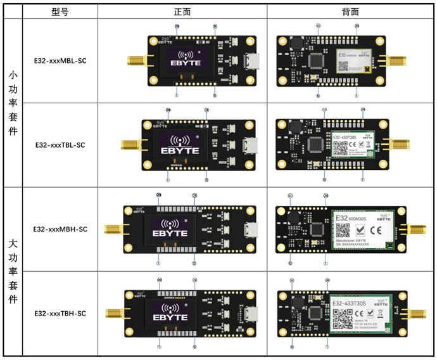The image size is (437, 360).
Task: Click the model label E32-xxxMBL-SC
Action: click(60, 61)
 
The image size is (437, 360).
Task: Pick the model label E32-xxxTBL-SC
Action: click(60, 145)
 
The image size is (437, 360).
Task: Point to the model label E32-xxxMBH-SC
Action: click(60, 229)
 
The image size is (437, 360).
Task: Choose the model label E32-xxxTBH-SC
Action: click(60, 313)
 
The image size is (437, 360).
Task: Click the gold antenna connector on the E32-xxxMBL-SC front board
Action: click(135, 61)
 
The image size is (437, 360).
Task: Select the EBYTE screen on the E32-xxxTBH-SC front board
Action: click(170, 314)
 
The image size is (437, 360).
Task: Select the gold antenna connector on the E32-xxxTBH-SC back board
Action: click(417, 312)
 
